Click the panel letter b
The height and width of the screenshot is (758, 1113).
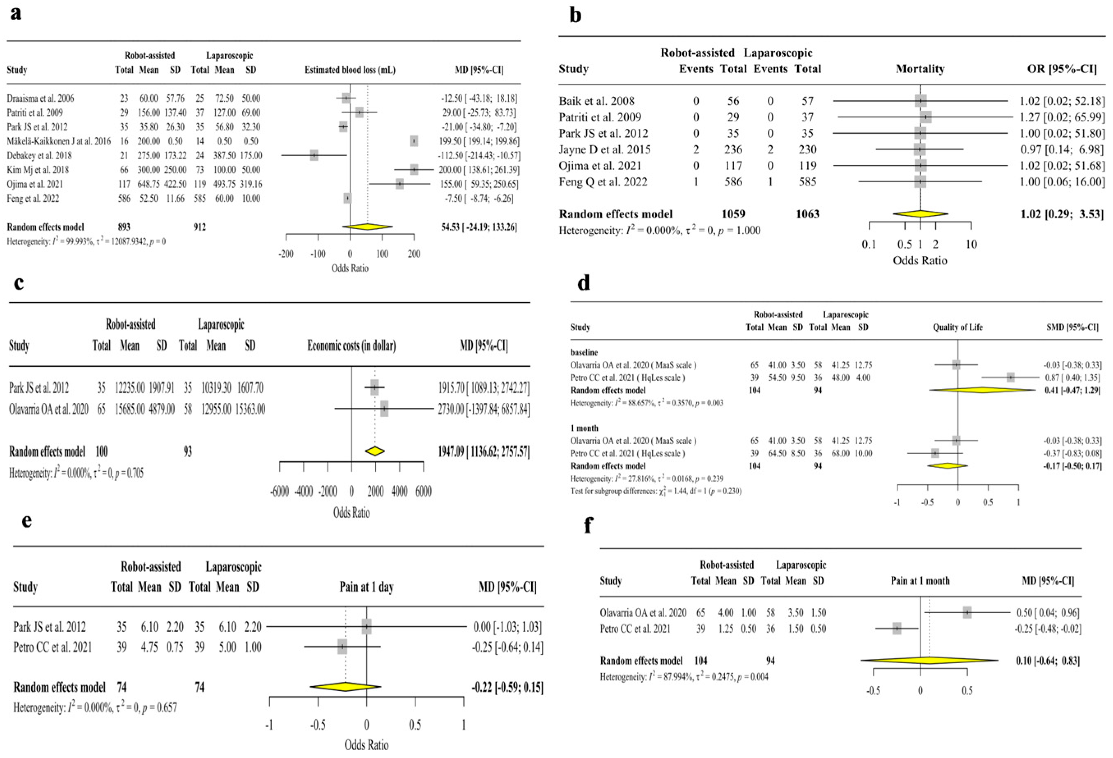click(x=575, y=15)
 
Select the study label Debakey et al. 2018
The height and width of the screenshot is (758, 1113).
click(x=39, y=155)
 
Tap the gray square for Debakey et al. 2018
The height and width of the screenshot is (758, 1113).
click(x=314, y=155)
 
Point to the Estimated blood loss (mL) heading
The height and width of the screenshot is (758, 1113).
click(x=350, y=70)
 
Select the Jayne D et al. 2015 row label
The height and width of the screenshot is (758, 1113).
click(x=604, y=150)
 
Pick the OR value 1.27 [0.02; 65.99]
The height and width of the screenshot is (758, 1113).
click(x=1062, y=117)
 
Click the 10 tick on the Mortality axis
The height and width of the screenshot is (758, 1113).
click(x=971, y=244)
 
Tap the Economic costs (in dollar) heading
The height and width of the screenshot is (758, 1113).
click(x=351, y=345)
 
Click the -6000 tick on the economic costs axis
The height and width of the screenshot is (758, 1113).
click(x=280, y=491)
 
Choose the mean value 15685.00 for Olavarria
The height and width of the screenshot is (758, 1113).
click(x=129, y=409)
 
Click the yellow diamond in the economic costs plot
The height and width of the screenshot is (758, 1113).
click(x=374, y=451)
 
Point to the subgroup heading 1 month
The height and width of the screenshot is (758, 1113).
click(x=584, y=428)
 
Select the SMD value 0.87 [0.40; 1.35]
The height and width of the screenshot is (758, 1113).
click(x=1072, y=377)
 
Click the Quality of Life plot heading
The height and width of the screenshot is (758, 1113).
click(x=957, y=327)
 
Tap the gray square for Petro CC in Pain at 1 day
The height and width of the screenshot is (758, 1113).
click(x=342, y=647)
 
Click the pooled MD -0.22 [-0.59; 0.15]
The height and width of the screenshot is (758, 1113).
click(x=507, y=687)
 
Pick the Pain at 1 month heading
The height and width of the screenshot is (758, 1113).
click(x=920, y=581)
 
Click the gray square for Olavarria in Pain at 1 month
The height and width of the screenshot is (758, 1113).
click(x=967, y=612)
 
